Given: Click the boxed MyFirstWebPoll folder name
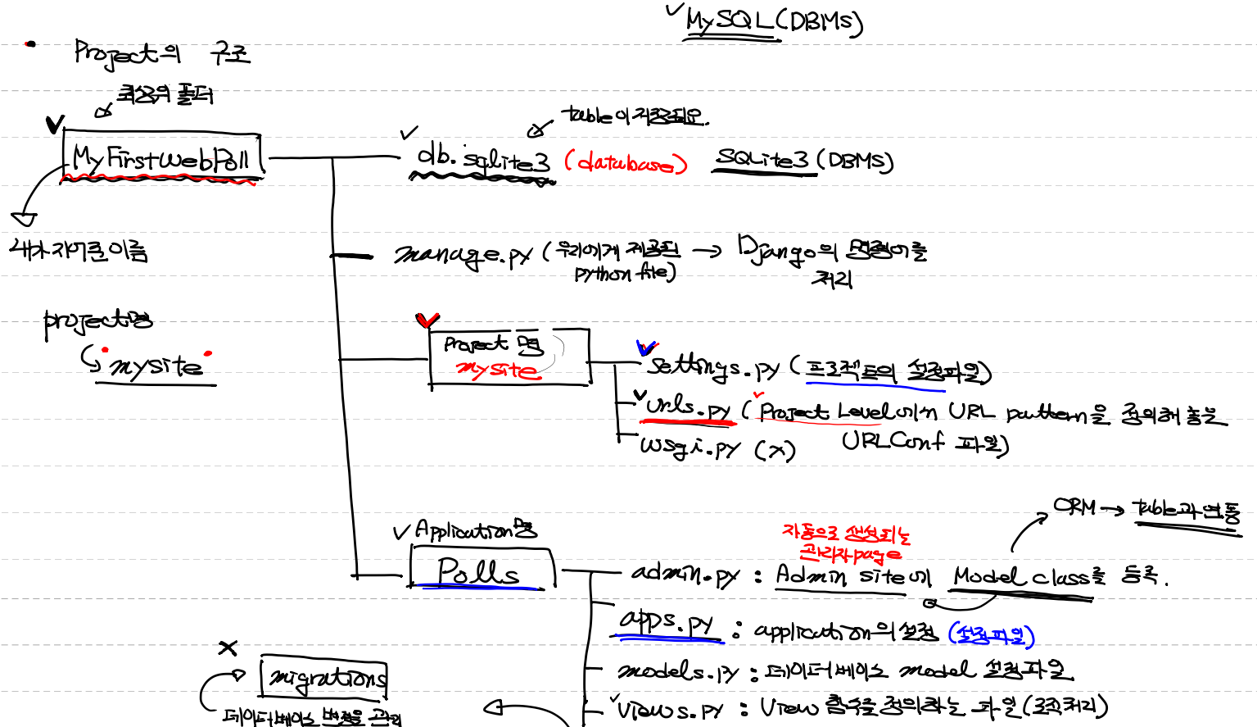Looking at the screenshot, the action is (x=161, y=157).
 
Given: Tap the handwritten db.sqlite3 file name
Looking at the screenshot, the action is (x=483, y=159).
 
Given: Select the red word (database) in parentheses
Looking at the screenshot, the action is (x=625, y=162).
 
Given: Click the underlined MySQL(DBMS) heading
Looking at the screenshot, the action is (x=773, y=21).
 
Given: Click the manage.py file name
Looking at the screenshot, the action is (x=463, y=256).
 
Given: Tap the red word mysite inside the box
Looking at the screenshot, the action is (x=498, y=370).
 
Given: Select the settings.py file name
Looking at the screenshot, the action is (x=712, y=367).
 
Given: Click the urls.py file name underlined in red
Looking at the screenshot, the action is (x=688, y=407).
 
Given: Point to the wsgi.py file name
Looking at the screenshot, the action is (x=690, y=448).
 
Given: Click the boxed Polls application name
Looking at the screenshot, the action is (x=479, y=571).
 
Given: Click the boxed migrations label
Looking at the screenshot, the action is (x=325, y=678).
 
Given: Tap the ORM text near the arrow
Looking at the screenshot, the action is (x=1074, y=507).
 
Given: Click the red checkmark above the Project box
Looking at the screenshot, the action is (x=427, y=320).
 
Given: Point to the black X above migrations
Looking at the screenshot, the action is (x=228, y=648).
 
